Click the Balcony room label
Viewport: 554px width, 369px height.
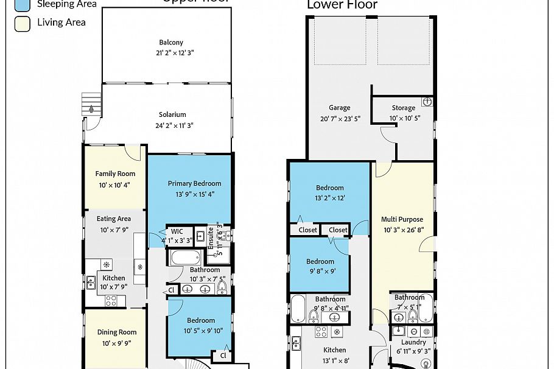click(171, 43)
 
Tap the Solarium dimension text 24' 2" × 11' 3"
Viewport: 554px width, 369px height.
click(172, 125)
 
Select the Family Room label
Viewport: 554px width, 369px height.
click(115, 174)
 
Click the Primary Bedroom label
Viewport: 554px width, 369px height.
click(195, 183)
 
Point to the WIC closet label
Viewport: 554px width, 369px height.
click(177, 231)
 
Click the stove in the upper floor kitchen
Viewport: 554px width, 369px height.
click(111, 300)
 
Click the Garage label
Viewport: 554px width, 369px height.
click(340, 108)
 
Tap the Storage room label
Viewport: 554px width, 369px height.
click(403, 108)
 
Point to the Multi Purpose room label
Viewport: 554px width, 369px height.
click(402, 219)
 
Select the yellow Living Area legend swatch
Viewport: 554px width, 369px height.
click(21, 24)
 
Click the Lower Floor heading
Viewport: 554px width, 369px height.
click(342, 5)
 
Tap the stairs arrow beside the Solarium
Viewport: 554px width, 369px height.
click(91, 108)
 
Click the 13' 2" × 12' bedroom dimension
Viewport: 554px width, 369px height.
click(329, 198)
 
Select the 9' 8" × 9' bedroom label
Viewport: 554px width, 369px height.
click(320, 262)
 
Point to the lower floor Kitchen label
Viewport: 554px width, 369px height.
click(334, 350)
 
